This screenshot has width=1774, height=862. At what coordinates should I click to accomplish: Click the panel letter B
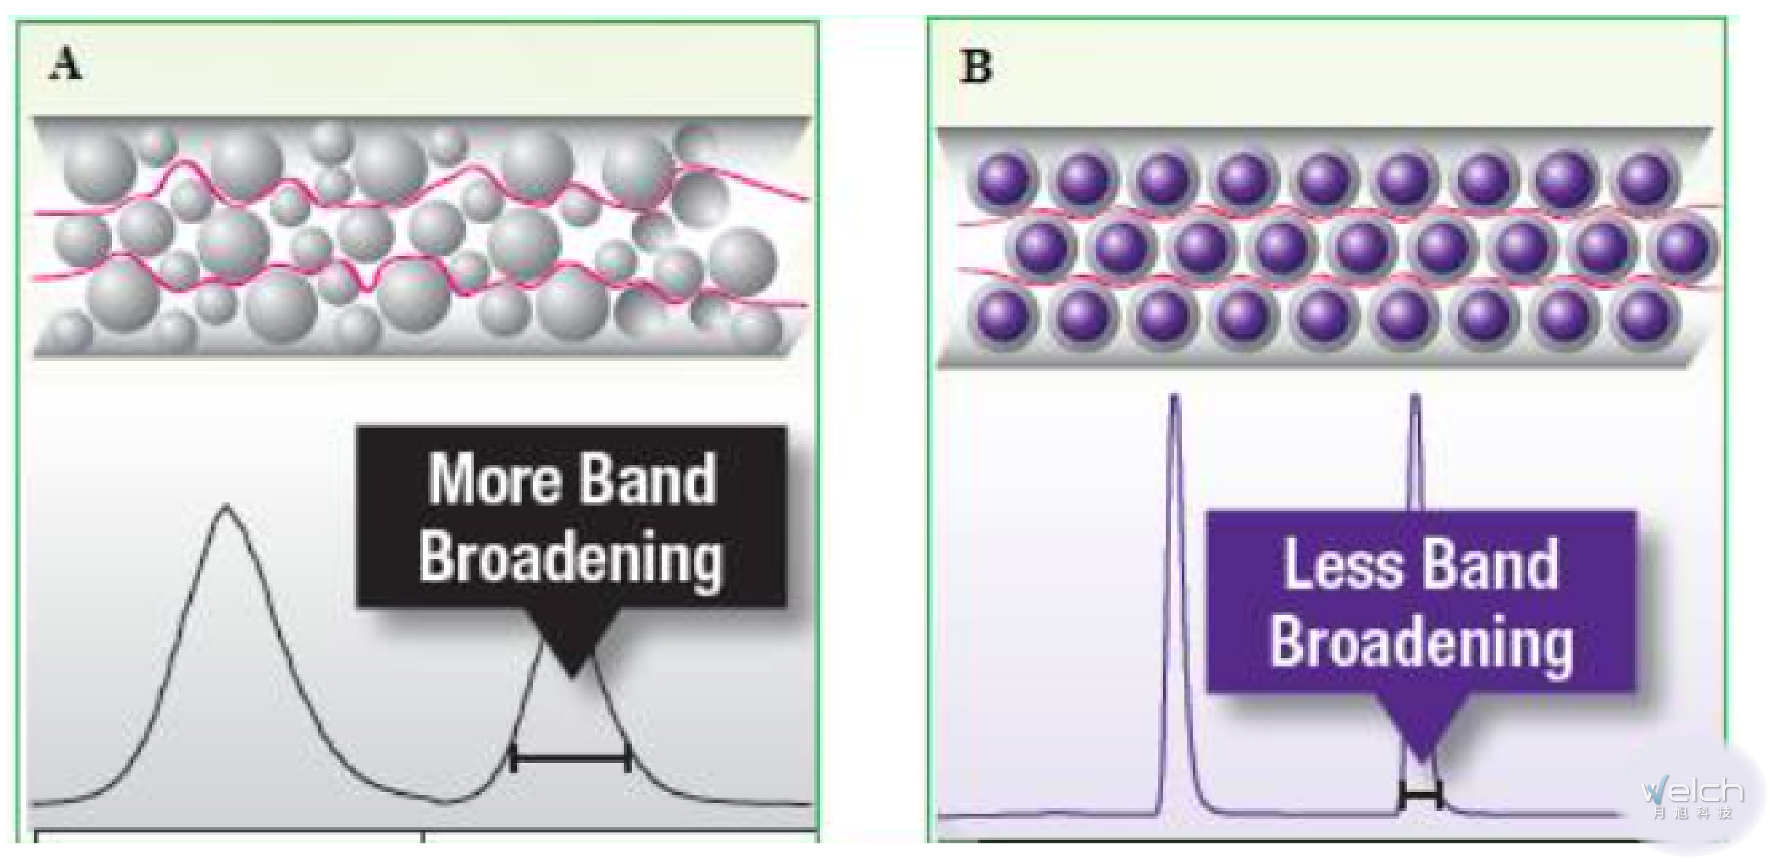click(x=976, y=67)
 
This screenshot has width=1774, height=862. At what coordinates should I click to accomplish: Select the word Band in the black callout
click(x=646, y=480)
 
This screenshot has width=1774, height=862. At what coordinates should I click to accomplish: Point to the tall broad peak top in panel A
click(x=225, y=509)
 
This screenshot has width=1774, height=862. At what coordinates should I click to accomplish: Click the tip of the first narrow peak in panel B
click(x=1174, y=398)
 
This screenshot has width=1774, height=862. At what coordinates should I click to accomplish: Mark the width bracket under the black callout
click(x=571, y=758)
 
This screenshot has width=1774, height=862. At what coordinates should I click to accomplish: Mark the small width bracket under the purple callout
click(x=1420, y=796)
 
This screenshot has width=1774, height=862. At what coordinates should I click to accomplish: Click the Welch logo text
click(x=1693, y=792)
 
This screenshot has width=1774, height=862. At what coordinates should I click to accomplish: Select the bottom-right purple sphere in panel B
click(x=1644, y=315)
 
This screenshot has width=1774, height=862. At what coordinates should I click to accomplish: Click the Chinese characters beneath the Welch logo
click(x=1693, y=813)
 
